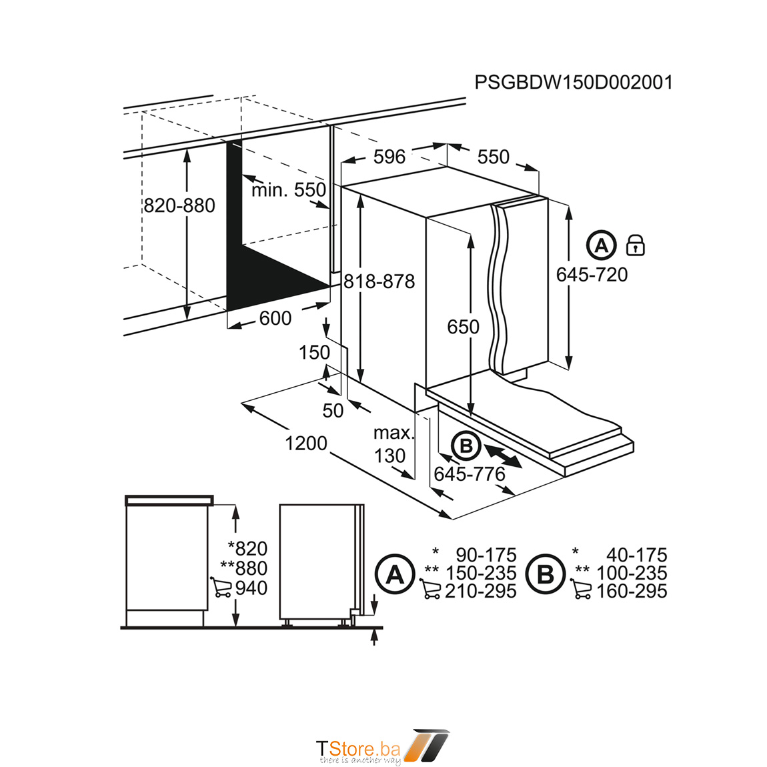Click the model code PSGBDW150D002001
pos(574,82)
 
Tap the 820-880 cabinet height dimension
pos(179,205)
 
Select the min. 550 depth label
pos(289,190)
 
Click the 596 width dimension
pos(390,157)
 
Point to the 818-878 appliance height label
pos(379,281)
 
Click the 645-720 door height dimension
pos(592,274)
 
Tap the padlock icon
pos(636,245)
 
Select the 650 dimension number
pos(464,327)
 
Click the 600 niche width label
pos(275,318)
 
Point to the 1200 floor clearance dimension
pos(305,443)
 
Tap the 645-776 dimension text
pos(470,474)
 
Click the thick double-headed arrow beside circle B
pos(503,456)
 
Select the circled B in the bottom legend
pos(545,574)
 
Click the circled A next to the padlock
pos(601,245)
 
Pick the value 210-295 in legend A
pos(480,591)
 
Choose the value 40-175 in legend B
pos(636,555)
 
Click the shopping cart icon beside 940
pos(221,587)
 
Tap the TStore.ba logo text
pos(359,749)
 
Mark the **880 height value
pos(243,568)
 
